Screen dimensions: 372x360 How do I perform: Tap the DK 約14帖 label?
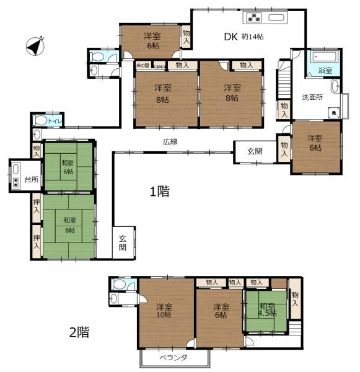244,37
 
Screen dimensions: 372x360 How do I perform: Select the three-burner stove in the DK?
255,17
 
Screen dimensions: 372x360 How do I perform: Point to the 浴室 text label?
325,71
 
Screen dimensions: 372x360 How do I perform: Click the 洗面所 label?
312,97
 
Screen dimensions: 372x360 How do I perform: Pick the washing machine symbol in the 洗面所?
333,113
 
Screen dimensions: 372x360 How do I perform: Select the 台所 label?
31,180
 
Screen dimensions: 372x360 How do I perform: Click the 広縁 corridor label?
170,142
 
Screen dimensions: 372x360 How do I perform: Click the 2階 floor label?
79,332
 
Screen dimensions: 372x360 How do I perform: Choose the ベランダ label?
173,358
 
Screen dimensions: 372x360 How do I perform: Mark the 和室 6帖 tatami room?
68,167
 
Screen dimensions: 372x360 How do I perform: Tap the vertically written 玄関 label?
122,242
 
